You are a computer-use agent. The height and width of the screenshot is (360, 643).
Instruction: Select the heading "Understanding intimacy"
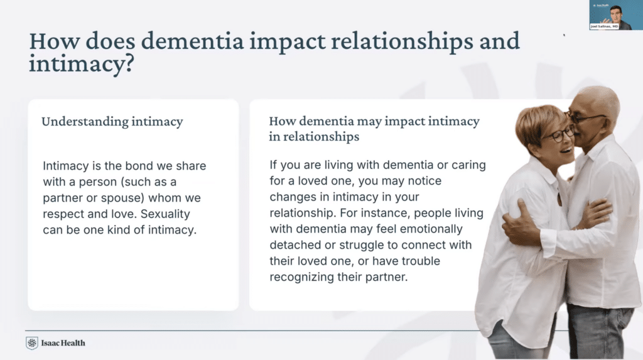click(x=112, y=121)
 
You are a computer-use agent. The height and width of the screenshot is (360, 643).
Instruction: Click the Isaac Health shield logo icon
click(x=32, y=343)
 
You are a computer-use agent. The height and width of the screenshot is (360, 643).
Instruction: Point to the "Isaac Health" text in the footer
click(x=63, y=343)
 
